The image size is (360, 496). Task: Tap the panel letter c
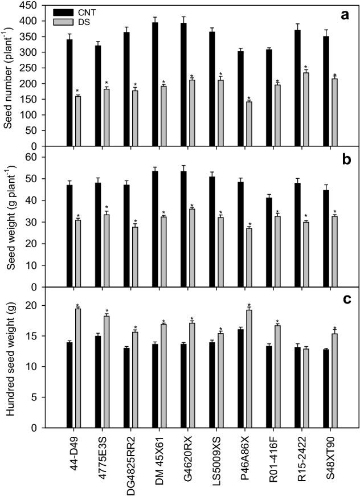[344, 301]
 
